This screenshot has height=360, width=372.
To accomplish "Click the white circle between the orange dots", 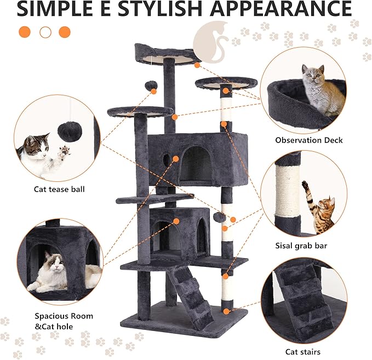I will (45, 32).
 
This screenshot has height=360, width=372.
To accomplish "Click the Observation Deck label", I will (308, 140).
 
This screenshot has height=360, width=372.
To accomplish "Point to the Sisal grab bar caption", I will (301, 246).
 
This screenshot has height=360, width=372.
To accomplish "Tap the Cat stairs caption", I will (302, 352).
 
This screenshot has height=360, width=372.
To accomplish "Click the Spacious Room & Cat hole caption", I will (64, 322).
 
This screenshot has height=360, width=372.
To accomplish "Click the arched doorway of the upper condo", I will (196, 163).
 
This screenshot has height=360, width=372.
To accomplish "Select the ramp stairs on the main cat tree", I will (189, 295).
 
